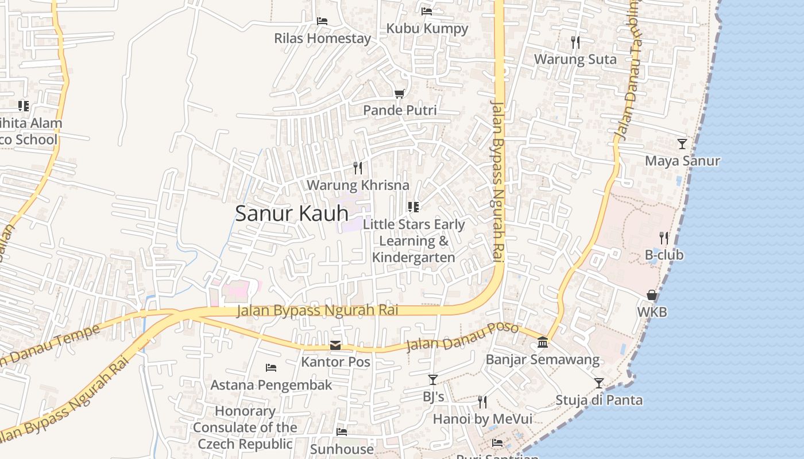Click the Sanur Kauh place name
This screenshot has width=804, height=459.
[292, 213]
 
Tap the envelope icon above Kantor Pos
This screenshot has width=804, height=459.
[335, 345]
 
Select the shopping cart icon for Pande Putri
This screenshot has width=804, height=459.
[399, 94]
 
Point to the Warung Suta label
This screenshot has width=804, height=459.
[575, 59]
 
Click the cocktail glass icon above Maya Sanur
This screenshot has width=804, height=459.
[682, 143]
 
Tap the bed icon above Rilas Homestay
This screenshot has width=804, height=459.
[322, 21]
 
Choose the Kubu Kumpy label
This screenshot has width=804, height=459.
[427, 28]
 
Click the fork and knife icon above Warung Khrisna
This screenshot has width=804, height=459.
[358, 168]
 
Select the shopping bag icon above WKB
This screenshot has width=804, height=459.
[652, 295]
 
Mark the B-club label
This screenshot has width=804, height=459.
[664, 255]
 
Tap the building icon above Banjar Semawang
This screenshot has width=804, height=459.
[542, 343]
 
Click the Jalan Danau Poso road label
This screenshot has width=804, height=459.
[462, 338]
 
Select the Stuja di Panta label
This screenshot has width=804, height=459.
[598, 400]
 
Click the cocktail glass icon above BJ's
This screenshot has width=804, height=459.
[433, 379]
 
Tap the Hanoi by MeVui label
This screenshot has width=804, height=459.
[482, 419]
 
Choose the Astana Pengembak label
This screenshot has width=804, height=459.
[271, 384]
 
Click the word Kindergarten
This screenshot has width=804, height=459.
[413, 257]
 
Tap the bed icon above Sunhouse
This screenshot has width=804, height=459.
[342, 431]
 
